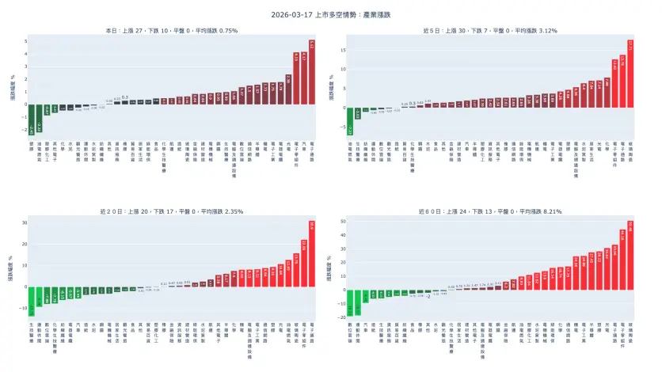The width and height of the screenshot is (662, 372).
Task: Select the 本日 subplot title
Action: tap(172, 30)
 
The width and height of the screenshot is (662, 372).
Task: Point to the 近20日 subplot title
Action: tap(172, 212)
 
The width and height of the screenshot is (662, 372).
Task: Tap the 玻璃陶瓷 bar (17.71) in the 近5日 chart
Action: tap(630, 74)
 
